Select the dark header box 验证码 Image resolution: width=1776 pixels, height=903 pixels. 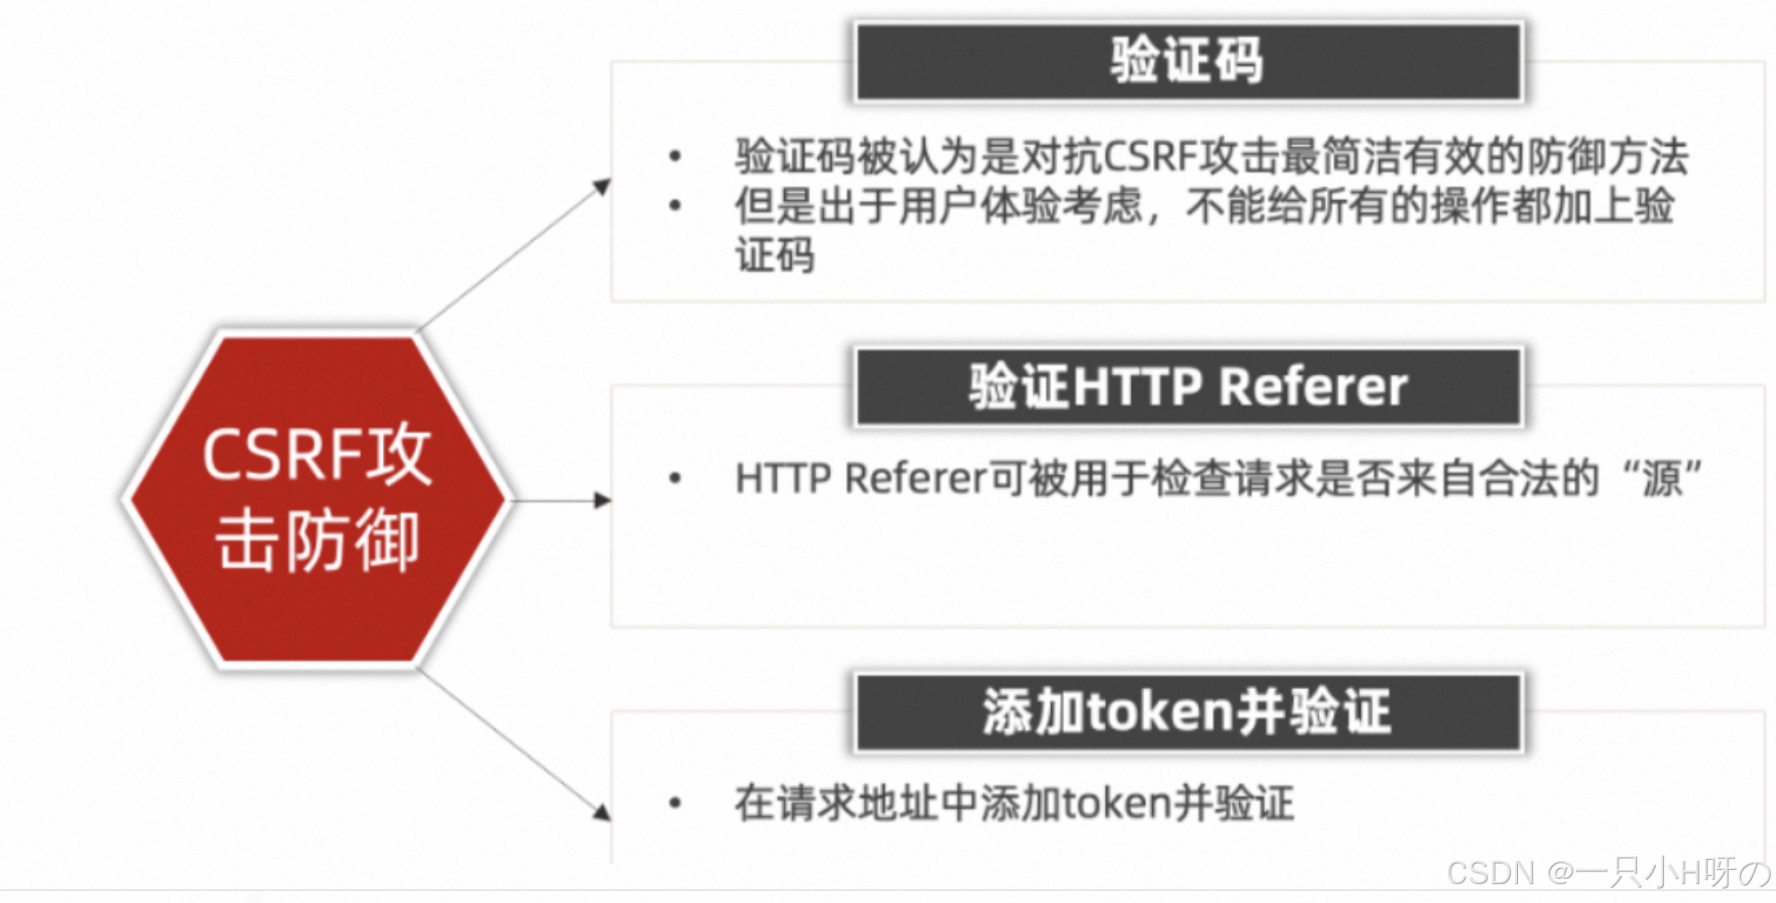coord(1188,61)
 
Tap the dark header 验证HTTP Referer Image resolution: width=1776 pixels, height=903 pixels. coord(1188,387)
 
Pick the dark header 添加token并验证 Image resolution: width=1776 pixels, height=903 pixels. coord(1188,712)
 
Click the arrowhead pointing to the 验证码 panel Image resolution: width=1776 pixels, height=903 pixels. coord(603,186)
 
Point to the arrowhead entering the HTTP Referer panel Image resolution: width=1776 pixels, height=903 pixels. coord(603,500)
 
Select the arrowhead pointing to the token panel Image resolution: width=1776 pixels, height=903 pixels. coord(602,812)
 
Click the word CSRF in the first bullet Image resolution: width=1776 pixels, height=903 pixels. coord(1150,157)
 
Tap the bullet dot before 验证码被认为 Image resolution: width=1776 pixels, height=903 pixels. coord(676,158)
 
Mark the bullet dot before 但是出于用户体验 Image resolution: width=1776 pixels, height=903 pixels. coord(676,206)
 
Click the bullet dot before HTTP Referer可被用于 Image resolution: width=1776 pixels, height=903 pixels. coord(676,479)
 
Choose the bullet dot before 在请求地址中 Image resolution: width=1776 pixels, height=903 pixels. coord(676,804)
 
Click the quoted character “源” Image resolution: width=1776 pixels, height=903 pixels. coord(1662,478)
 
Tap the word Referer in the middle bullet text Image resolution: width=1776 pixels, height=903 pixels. coord(915,478)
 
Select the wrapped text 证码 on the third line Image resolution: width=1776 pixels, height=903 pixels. coord(775,255)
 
